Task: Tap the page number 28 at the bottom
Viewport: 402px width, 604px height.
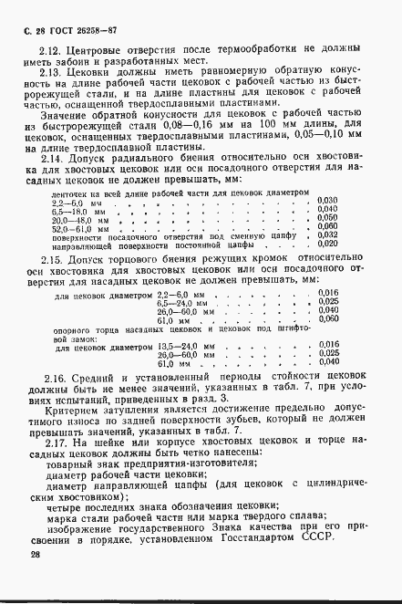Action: tap(34, 554)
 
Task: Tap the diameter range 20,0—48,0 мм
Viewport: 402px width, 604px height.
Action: tap(82, 245)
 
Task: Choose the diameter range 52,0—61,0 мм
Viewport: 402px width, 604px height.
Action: tap(82, 254)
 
